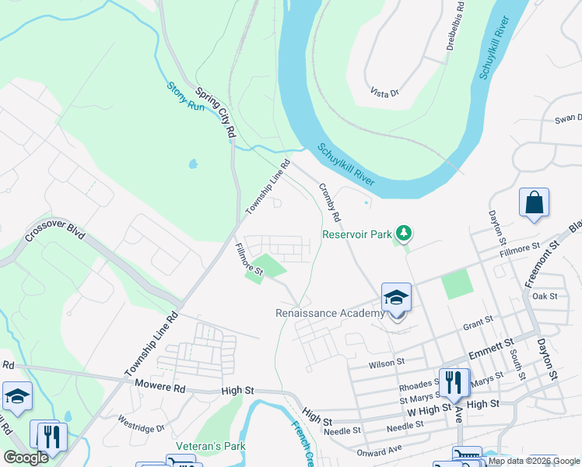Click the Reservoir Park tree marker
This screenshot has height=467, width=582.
403,233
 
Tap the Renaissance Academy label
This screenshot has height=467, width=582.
330,314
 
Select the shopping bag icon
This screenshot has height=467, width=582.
535,203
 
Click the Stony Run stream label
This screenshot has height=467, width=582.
185,97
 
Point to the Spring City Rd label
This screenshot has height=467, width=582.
215,112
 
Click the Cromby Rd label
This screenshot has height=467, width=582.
330,201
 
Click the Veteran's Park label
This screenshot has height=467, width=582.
210,446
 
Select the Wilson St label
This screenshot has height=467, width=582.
387,363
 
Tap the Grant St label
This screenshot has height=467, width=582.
478,320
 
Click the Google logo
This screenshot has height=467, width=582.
26,458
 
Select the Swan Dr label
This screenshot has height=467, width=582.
568,118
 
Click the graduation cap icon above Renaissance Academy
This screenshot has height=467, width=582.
396,298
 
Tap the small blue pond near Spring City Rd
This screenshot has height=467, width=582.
192,165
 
